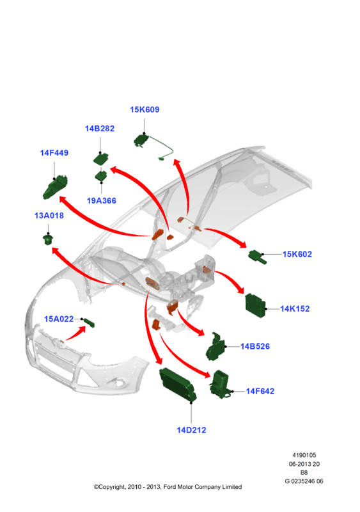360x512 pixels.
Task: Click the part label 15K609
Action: (x=145, y=109)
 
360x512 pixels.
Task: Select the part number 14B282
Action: (x=100, y=129)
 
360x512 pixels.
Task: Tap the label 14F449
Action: (x=54, y=152)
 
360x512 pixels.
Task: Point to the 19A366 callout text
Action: (x=102, y=200)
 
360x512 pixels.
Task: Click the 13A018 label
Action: (x=49, y=216)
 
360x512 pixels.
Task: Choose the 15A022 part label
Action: (x=59, y=319)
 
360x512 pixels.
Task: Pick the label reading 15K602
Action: (x=297, y=254)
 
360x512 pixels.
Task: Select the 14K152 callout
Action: (x=295, y=308)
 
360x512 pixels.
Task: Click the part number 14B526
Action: (x=255, y=346)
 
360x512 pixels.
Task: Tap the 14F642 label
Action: (x=260, y=391)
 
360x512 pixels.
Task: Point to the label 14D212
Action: (x=191, y=430)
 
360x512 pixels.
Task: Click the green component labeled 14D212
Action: (x=178, y=385)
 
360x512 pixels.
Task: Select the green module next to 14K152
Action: (x=256, y=305)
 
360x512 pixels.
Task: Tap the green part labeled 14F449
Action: (x=55, y=187)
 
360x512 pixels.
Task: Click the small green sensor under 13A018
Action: (x=48, y=239)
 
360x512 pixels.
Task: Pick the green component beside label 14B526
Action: (x=215, y=348)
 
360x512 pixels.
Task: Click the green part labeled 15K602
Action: (x=258, y=257)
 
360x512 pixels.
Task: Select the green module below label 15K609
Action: (x=141, y=140)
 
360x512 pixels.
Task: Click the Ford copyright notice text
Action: (x=168, y=487)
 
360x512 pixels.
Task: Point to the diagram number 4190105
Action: (x=304, y=455)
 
